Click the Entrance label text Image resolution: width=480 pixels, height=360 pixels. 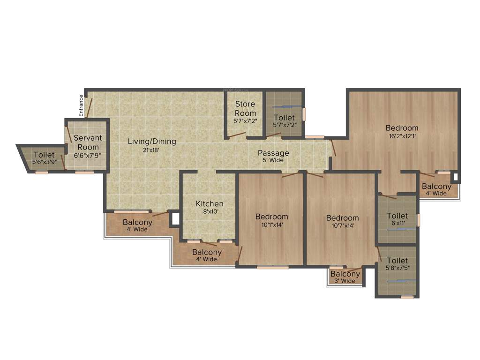point(81,105)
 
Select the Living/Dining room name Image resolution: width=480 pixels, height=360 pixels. point(152,141)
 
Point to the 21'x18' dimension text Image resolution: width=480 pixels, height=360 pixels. point(152,150)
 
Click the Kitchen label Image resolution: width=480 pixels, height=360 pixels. point(210,204)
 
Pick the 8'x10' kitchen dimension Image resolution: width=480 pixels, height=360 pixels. point(210,211)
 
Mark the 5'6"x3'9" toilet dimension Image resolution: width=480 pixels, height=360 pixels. point(44,162)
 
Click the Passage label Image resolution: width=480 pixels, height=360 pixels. point(273,153)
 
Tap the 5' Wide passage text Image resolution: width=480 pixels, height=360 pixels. point(273,160)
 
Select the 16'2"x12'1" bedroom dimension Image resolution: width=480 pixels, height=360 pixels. point(402,136)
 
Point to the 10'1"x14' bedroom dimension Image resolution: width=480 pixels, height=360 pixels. point(272,225)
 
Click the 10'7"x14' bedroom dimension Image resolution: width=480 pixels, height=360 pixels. point(343,225)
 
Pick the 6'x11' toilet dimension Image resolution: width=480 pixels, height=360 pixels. point(397,224)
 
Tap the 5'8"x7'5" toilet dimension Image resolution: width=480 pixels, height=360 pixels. point(397,268)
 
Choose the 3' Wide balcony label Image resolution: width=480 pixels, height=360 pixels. point(345,281)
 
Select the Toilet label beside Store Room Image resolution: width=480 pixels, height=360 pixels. point(284,118)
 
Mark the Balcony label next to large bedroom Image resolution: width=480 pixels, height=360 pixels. point(436,187)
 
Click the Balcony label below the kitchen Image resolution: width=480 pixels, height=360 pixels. point(207,252)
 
